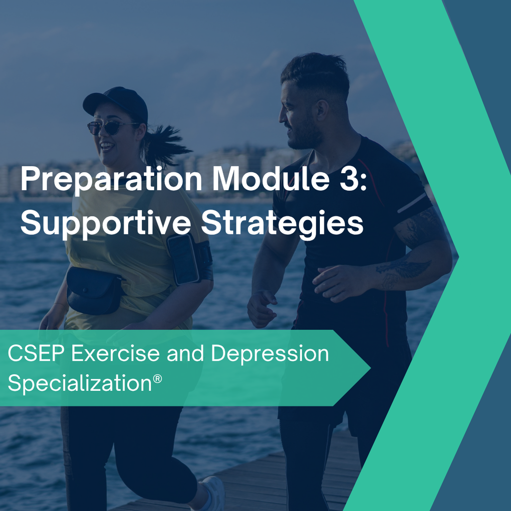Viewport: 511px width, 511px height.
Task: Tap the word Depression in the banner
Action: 270,354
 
